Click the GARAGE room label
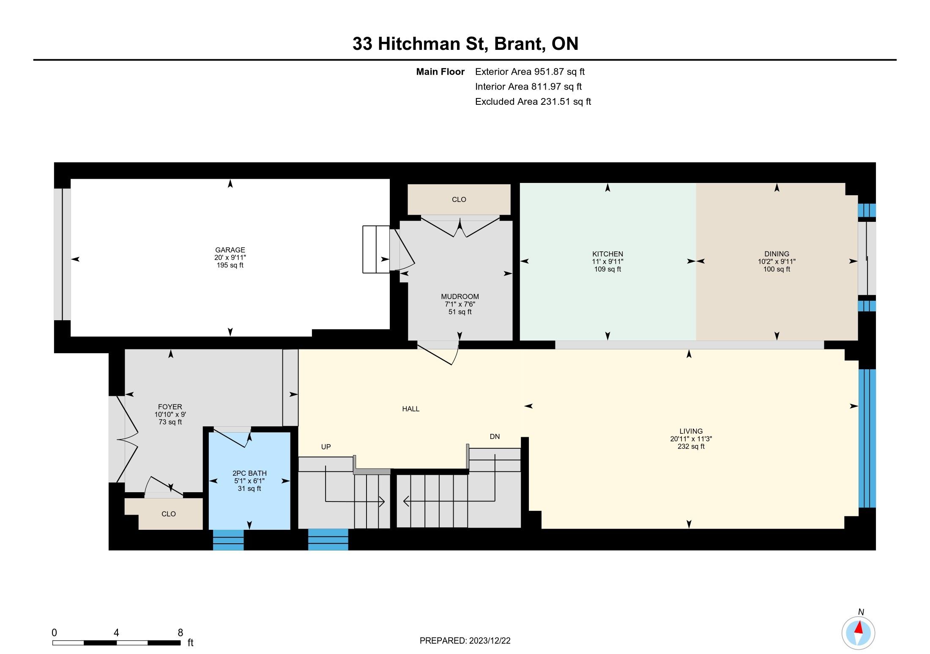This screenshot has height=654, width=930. click(230, 250)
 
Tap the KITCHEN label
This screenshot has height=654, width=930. click(607, 254)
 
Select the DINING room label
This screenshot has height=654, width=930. click(777, 254)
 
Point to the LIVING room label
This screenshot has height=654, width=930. click(691, 431)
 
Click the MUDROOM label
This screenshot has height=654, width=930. click(460, 297)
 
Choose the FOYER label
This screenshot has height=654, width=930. click(170, 407)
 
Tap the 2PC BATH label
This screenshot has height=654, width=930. click(249, 473)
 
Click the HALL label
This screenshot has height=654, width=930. click(410, 409)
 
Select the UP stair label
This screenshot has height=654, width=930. click(326, 447)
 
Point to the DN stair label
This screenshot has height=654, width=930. click(495, 437)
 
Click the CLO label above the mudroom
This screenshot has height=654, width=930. click(459, 199)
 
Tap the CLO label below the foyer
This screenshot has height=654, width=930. click(168, 514)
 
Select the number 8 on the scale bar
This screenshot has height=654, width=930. click(180, 632)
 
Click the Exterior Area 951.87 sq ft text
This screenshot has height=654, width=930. click(530, 72)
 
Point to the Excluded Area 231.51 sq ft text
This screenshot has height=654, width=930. click(533, 101)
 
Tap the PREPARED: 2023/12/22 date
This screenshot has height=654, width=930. click(465, 640)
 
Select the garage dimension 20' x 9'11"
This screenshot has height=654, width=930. click(230, 258)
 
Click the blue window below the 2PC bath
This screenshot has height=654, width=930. click(228, 540)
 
